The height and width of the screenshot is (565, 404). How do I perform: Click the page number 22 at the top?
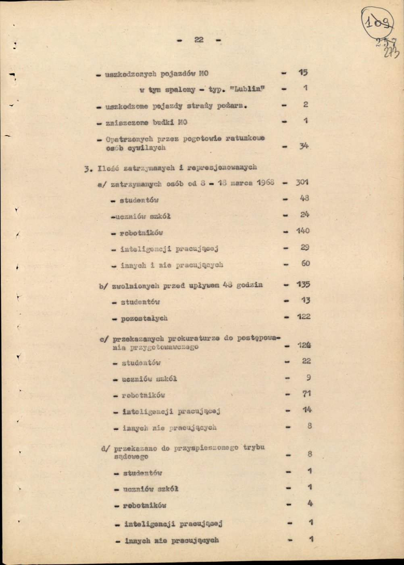click(x=199, y=40)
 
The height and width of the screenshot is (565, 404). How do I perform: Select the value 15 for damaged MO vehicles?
click(x=303, y=73)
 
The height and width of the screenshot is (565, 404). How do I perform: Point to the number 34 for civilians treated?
click(x=304, y=146)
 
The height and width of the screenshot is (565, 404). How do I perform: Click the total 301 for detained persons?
click(x=302, y=182)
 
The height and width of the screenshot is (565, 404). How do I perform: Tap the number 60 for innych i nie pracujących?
click(x=306, y=264)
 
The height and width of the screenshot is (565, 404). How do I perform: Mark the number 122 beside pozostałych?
click(x=304, y=317)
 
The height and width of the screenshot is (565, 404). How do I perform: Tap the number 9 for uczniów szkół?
click(x=308, y=378)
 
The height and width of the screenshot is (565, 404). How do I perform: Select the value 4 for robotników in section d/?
click(x=310, y=504)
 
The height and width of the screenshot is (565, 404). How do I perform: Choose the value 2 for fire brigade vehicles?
click(x=306, y=105)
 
